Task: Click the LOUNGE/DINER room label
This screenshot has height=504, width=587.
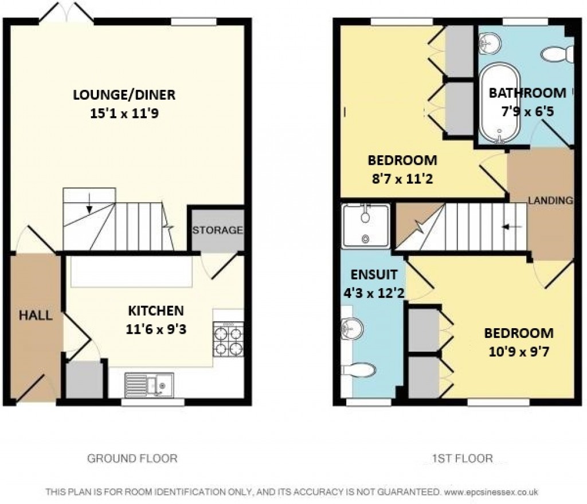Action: [x=124, y=94]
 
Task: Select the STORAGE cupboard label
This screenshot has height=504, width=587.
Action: [x=217, y=230]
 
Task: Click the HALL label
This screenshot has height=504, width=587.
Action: [x=36, y=315]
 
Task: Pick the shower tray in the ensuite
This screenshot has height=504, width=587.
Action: [x=365, y=225]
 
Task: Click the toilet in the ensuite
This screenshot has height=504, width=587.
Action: [x=354, y=369]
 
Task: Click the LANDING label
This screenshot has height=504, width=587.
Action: [x=550, y=200]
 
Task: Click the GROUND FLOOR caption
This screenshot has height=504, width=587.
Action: [x=132, y=458]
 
